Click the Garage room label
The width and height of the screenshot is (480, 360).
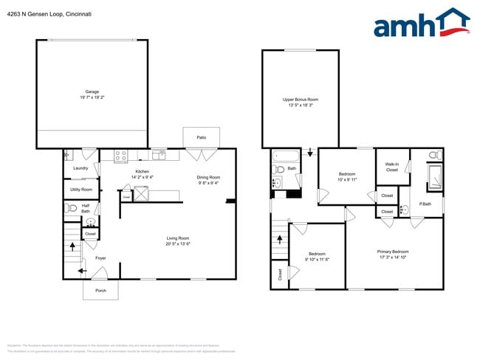tap(92, 92)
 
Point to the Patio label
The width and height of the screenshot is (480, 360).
tap(201, 137)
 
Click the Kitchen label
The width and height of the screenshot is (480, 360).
tap(142, 171)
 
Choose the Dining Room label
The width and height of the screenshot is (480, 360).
tap(208, 177)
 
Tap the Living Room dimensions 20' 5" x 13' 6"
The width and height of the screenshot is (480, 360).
tap(178, 243)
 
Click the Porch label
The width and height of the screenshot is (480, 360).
tap(100, 290)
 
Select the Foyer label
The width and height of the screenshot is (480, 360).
tap(100, 258)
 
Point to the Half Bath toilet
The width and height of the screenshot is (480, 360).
tap(72, 208)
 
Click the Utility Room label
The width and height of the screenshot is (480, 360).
tap(81, 190)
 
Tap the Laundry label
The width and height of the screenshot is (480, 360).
tap(80, 168)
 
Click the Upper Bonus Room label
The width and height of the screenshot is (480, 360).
tap(301, 99)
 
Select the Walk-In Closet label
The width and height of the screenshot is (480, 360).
tap(392, 167)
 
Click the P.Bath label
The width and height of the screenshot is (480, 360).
tap(425, 204)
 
